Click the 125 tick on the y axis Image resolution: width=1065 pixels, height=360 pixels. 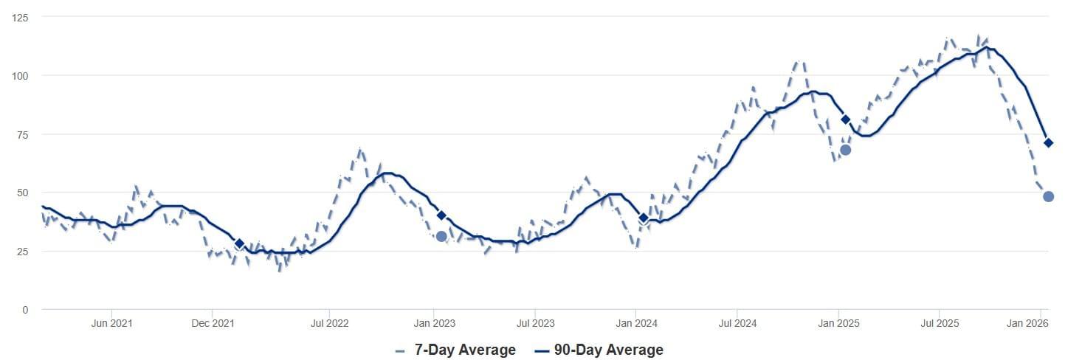pyautogui.click(x=20, y=18)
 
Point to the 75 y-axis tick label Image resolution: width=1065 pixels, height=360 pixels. pyautogui.click(x=22, y=134)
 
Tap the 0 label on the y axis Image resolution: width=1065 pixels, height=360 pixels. pyautogui.click(x=25, y=310)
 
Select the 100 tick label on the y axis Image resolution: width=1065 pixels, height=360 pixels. pyautogui.click(x=20, y=76)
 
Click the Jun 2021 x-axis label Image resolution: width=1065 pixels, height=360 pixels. pyautogui.click(x=111, y=323)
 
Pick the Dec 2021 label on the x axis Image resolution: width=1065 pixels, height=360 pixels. pyautogui.click(x=213, y=323)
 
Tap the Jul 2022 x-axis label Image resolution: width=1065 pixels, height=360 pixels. pyautogui.click(x=329, y=323)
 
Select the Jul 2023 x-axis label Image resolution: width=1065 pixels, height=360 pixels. pyautogui.click(x=535, y=323)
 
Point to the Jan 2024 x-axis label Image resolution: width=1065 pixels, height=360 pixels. pyautogui.click(x=637, y=323)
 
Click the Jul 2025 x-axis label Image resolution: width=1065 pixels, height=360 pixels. pyautogui.click(x=940, y=323)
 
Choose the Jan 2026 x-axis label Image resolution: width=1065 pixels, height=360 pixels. pyautogui.click(x=1027, y=323)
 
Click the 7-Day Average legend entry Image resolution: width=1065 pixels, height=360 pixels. pyautogui.click(x=455, y=350)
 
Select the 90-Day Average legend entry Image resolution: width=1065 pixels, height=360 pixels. pyautogui.click(x=599, y=350)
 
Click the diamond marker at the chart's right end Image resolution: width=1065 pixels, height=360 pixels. pyautogui.click(x=1048, y=143)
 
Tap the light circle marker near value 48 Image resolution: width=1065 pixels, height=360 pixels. pyautogui.click(x=1048, y=197)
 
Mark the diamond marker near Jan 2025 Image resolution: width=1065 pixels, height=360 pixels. pyautogui.click(x=845, y=120)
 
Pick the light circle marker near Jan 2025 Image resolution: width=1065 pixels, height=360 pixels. pyautogui.click(x=845, y=150)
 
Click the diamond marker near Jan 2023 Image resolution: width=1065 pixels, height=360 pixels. pyautogui.click(x=441, y=215)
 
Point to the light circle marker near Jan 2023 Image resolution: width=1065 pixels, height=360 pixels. pyautogui.click(x=441, y=236)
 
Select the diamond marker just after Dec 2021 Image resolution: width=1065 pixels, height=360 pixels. pyautogui.click(x=239, y=243)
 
